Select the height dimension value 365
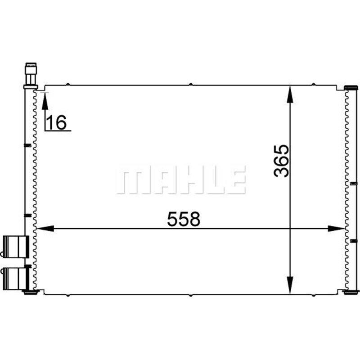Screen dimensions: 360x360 click(x=281, y=161)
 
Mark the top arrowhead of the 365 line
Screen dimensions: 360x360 click(x=291, y=91)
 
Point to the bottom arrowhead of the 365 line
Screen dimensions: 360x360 click(x=291, y=288)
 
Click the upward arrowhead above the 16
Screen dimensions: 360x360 click(x=45, y=99)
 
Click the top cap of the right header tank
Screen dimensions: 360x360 click(x=350, y=87)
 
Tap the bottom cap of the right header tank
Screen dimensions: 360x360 click(x=350, y=292)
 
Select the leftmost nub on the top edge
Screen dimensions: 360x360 click(x=67, y=84)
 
